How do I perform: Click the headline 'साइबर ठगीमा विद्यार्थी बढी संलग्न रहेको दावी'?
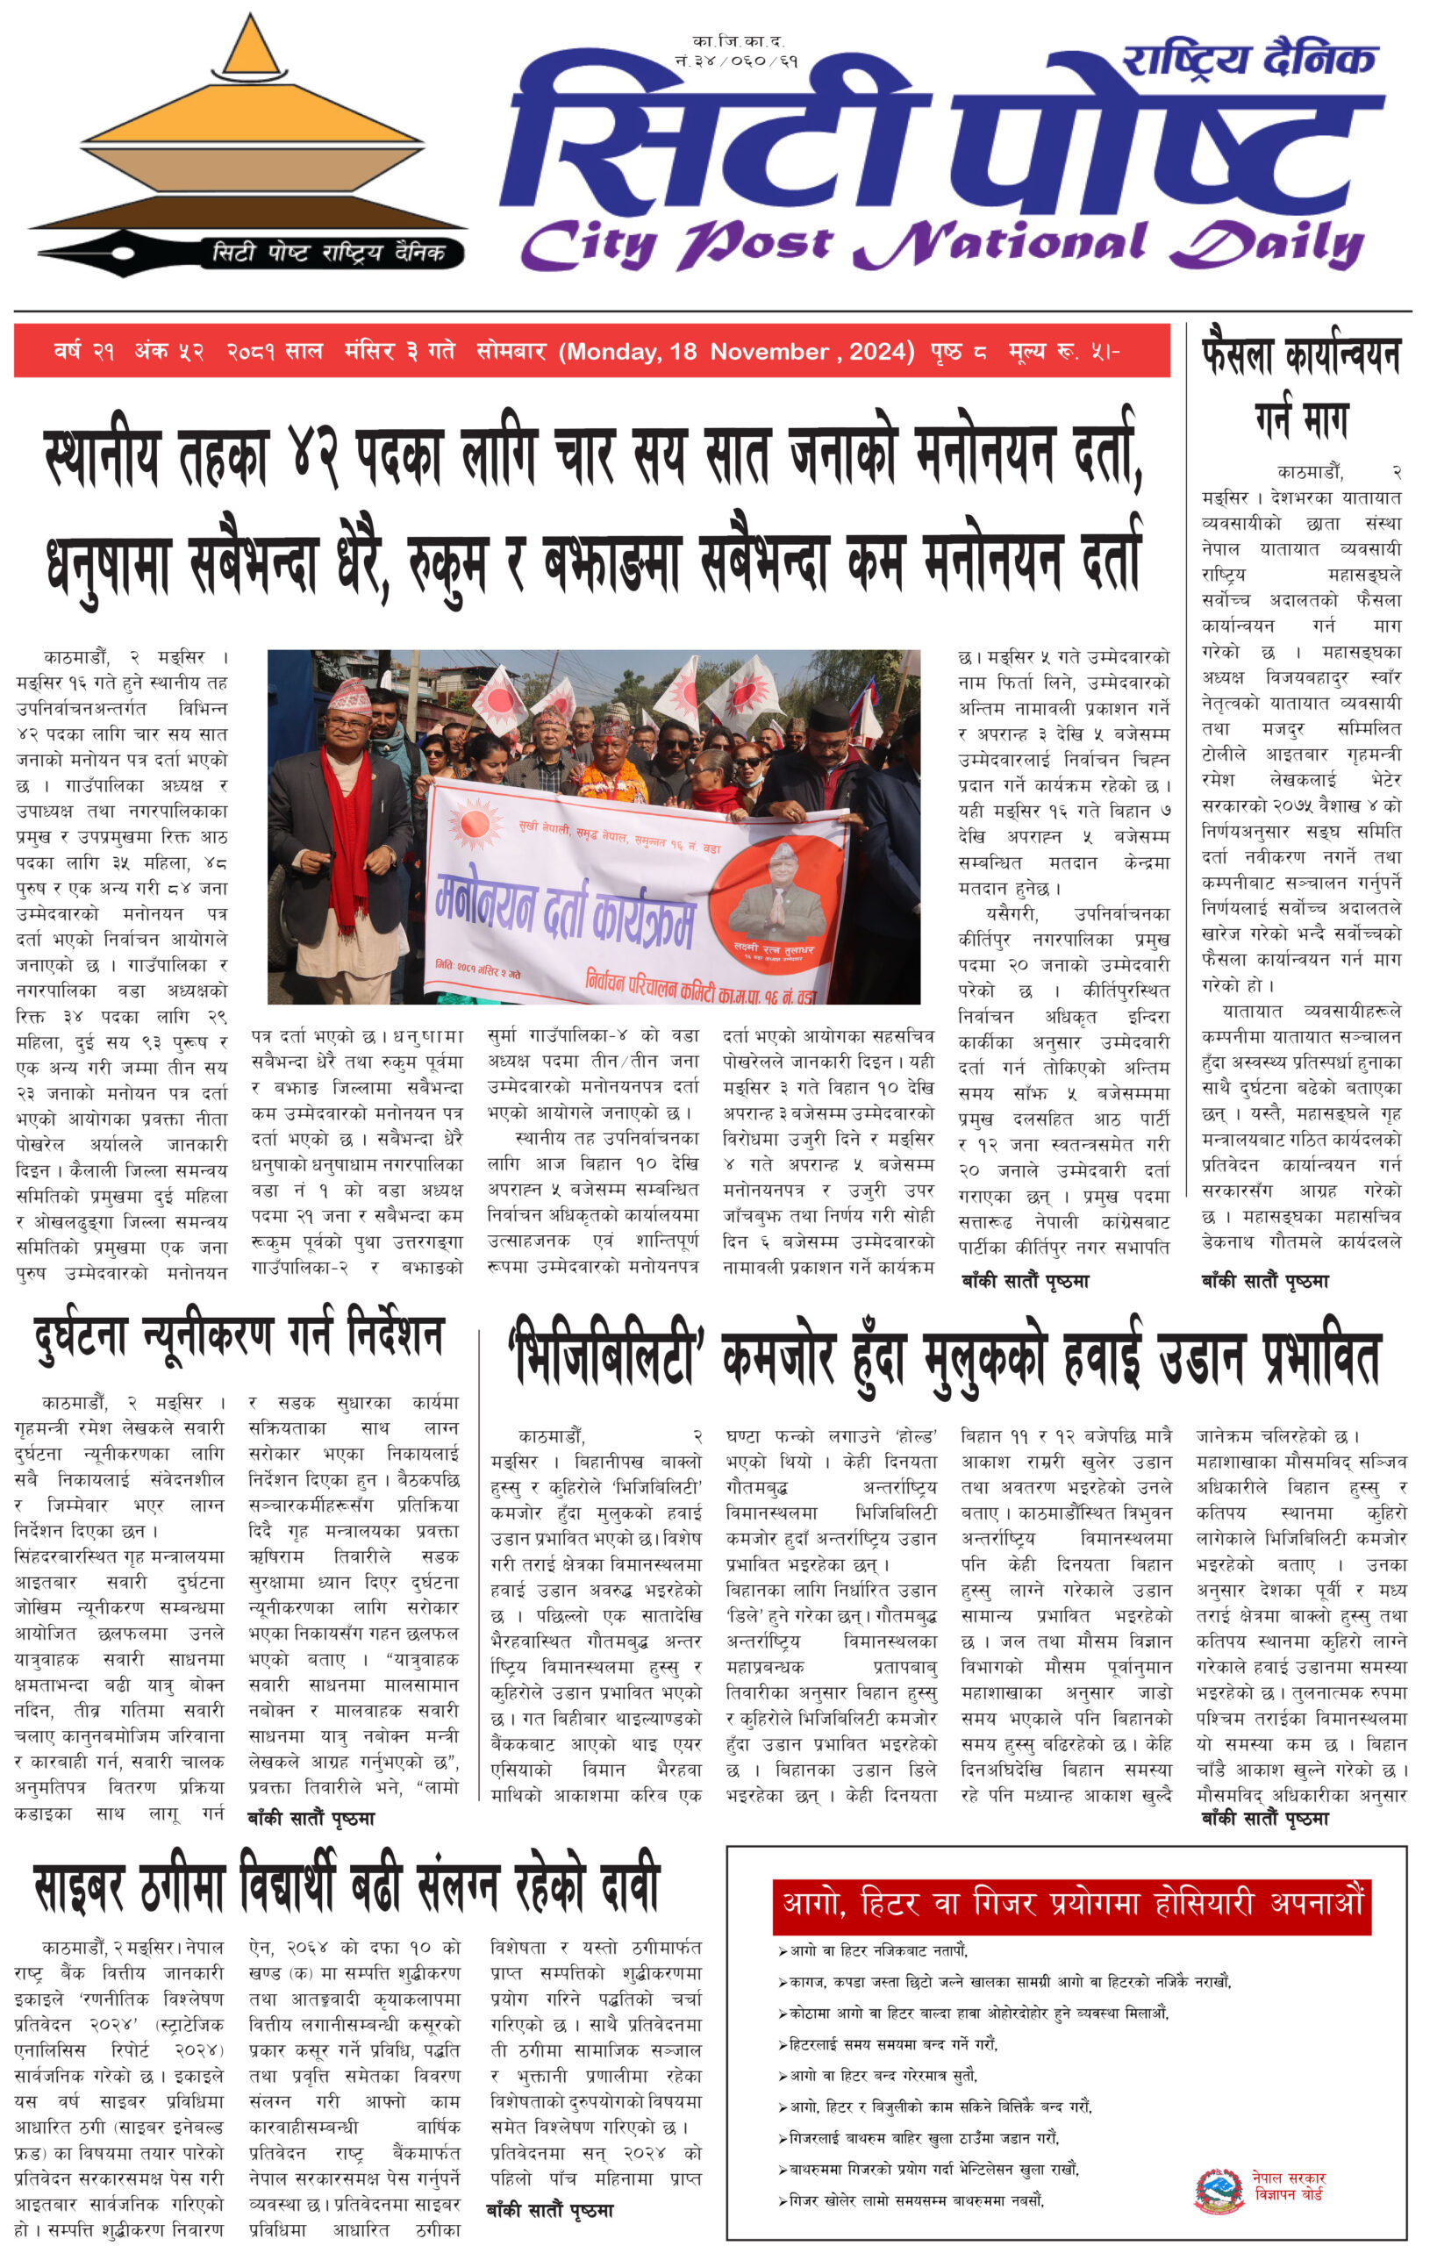click(347, 1887)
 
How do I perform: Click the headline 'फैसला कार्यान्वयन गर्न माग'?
click(1301, 386)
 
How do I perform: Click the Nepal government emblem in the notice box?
click(1219, 2190)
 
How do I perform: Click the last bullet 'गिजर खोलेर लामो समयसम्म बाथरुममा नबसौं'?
click(915, 2200)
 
